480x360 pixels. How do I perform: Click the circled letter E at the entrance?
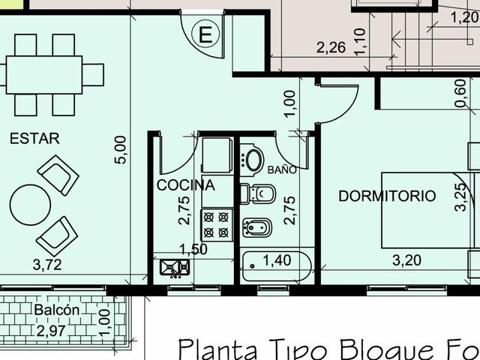tap(205, 34)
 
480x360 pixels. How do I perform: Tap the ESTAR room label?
tap(34, 139)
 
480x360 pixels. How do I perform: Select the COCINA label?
tap(186, 185)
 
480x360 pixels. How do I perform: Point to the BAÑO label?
tap(282, 169)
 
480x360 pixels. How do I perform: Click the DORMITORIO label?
tap(387, 196)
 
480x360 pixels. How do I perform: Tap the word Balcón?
tap(57, 310)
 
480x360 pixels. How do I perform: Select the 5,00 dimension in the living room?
tap(120, 150)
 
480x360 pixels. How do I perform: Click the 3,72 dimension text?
tap(47, 265)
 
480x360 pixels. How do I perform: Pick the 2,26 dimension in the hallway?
tap(331, 48)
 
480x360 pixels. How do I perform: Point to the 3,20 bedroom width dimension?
tap(406, 260)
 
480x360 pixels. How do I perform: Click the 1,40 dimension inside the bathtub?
tap(277, 260)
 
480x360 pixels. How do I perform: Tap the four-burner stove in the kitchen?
tap(217, 225)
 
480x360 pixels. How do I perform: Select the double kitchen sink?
tap(175, 268)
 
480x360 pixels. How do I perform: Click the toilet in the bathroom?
tap(258, 193)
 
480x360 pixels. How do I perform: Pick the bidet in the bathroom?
tap(257, 227)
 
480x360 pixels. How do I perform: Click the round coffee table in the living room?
tap(30, 205)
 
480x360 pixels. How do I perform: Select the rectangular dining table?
tap(44, 75)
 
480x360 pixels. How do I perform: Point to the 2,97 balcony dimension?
tap(51, 331)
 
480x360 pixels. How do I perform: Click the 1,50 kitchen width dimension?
tap(193, 250)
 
